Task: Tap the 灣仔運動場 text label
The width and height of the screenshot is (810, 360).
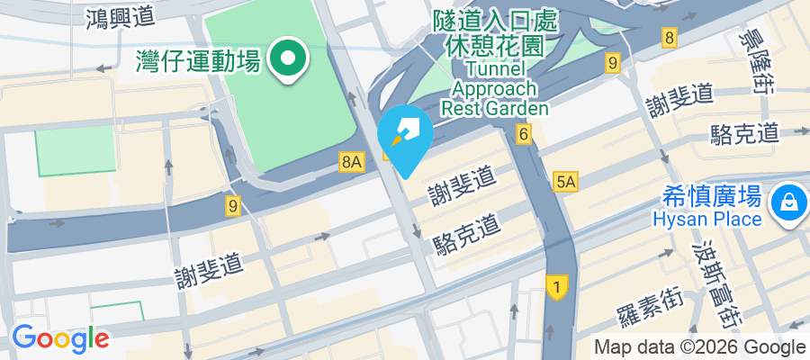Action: tap(198, 61)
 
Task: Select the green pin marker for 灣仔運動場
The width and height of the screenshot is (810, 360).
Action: tap(289, 59)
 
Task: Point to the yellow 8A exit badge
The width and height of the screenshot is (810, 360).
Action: tap(351, 162)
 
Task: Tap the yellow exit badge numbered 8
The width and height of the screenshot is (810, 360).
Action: tap(669, 38)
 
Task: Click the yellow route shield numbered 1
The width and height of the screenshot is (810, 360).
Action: tap(557, 287)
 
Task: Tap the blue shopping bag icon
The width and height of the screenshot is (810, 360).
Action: tap(788, 201)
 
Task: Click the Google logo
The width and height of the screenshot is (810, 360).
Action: tap(60, 338)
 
